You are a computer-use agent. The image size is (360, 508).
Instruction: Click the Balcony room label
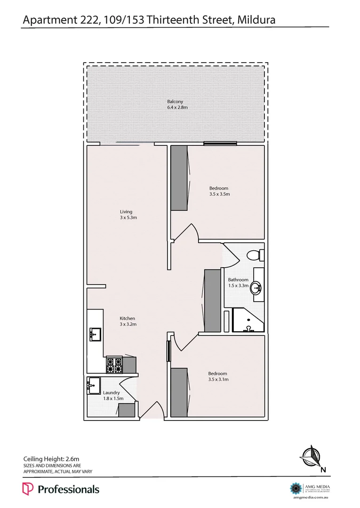click(x=175, y=102)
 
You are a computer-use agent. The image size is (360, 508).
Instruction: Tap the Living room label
click(x=126, y=212)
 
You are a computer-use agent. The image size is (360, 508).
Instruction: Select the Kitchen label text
click(x=128, y=318)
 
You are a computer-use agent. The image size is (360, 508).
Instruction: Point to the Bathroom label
click(x=238, y=280)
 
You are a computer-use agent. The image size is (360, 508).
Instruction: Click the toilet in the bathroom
click(x=254, y=255)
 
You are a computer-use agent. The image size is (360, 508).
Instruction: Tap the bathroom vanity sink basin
click(x=256, y=287)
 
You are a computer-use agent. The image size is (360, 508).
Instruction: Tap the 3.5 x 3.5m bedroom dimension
click(x=219, y=194)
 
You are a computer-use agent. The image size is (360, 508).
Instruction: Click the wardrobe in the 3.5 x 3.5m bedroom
click(x=179, y=178)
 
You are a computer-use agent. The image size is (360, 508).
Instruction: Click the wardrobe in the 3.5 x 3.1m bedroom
click(x=179, y=392)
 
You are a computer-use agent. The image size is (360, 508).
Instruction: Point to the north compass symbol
click(x=312, y=456)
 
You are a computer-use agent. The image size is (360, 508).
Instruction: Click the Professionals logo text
click(x=68, y=489)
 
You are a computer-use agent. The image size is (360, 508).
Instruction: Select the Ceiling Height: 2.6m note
click(x=51, y=459)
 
